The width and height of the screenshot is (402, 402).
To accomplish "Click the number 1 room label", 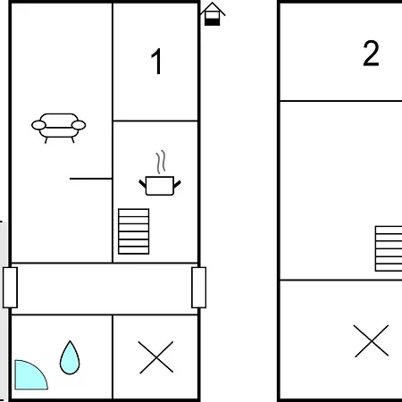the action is [x=156, y=61].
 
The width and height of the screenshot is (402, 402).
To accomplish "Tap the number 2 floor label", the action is [x=371, y=54].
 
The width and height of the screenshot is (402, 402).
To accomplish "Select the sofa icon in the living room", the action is [x=59, y=128].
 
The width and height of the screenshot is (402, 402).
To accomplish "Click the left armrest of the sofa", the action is [x=38, y=125].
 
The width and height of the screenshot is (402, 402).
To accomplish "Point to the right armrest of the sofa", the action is [x=79, y=125].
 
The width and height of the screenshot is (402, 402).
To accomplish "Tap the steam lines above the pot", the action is [x=161, y=162].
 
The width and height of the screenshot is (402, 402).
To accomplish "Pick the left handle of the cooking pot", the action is [x=143, y=184].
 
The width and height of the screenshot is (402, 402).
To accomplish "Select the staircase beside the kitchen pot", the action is [x=134, y=231].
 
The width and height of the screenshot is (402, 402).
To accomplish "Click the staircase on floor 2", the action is [x=389, y=248].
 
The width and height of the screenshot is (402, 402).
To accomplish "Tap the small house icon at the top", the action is [x=213, y=14].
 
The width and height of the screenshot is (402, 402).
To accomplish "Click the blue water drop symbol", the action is [x=70, y=357].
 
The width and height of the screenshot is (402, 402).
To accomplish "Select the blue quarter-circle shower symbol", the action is [x=29, y=376].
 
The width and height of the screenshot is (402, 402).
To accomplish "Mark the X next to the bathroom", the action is [x=156, y=357].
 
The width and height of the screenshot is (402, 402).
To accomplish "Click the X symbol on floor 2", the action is [x=372, y=340].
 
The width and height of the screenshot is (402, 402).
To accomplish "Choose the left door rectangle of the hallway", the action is [x=11, y=288].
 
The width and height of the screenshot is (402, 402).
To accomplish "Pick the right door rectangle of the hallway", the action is [x=199, y=288].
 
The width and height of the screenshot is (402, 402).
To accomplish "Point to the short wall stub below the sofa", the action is [x=91, y=179].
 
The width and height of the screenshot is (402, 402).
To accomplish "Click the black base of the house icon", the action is [x=213, y=22].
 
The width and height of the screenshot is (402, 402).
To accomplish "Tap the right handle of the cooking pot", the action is [x=177, y=184].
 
